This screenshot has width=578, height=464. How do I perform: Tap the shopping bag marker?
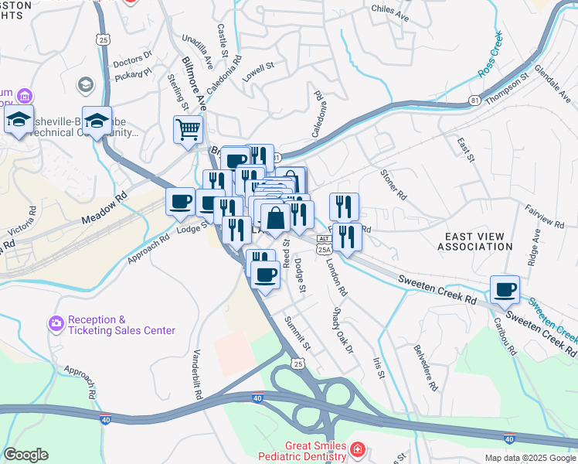[275, 219]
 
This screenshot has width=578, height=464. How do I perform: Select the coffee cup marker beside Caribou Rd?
[505, 289]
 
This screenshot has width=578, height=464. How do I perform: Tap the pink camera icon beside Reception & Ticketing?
[56, 324]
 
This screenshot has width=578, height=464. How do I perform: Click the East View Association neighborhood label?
[474, 241]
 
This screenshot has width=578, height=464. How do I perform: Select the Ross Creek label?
[490, 53]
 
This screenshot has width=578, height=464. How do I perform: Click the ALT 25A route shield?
[324, 244]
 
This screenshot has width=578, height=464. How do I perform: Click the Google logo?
[25, 455]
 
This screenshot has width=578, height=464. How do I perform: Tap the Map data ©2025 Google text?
[530, 458]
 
